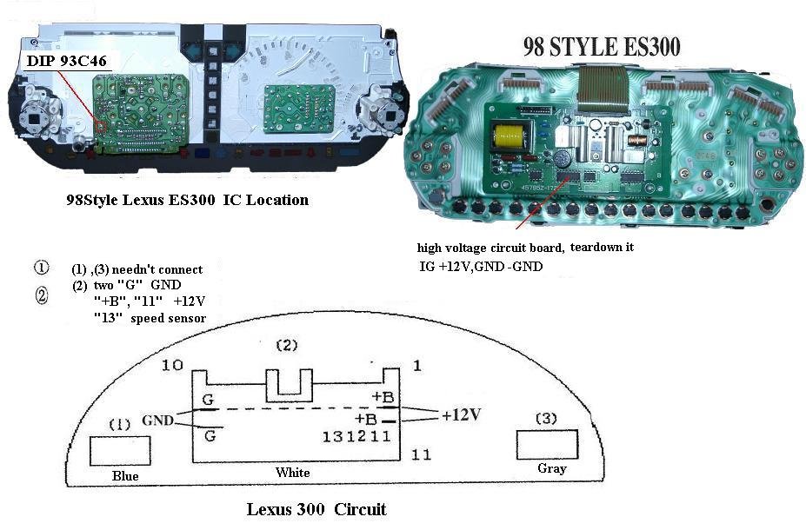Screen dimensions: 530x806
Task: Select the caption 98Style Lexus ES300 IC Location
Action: click(x=187, y=200)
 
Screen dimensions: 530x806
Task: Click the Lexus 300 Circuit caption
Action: click(x=316, y=509)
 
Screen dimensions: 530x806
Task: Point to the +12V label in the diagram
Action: click(x=461, y=415)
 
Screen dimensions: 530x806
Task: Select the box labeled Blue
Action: click(x=120, y=452)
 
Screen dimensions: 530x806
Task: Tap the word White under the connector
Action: click(x=292, y=473)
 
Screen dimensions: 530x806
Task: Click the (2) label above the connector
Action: click(x=286, y=345)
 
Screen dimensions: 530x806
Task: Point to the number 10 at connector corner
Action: click(x=172, y=365)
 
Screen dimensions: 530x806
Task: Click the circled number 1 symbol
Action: click(x=42, y=268)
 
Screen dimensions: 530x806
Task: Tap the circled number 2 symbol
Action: click(x=42, y=295)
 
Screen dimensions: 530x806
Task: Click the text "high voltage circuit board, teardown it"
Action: click(x=525, y=248)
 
